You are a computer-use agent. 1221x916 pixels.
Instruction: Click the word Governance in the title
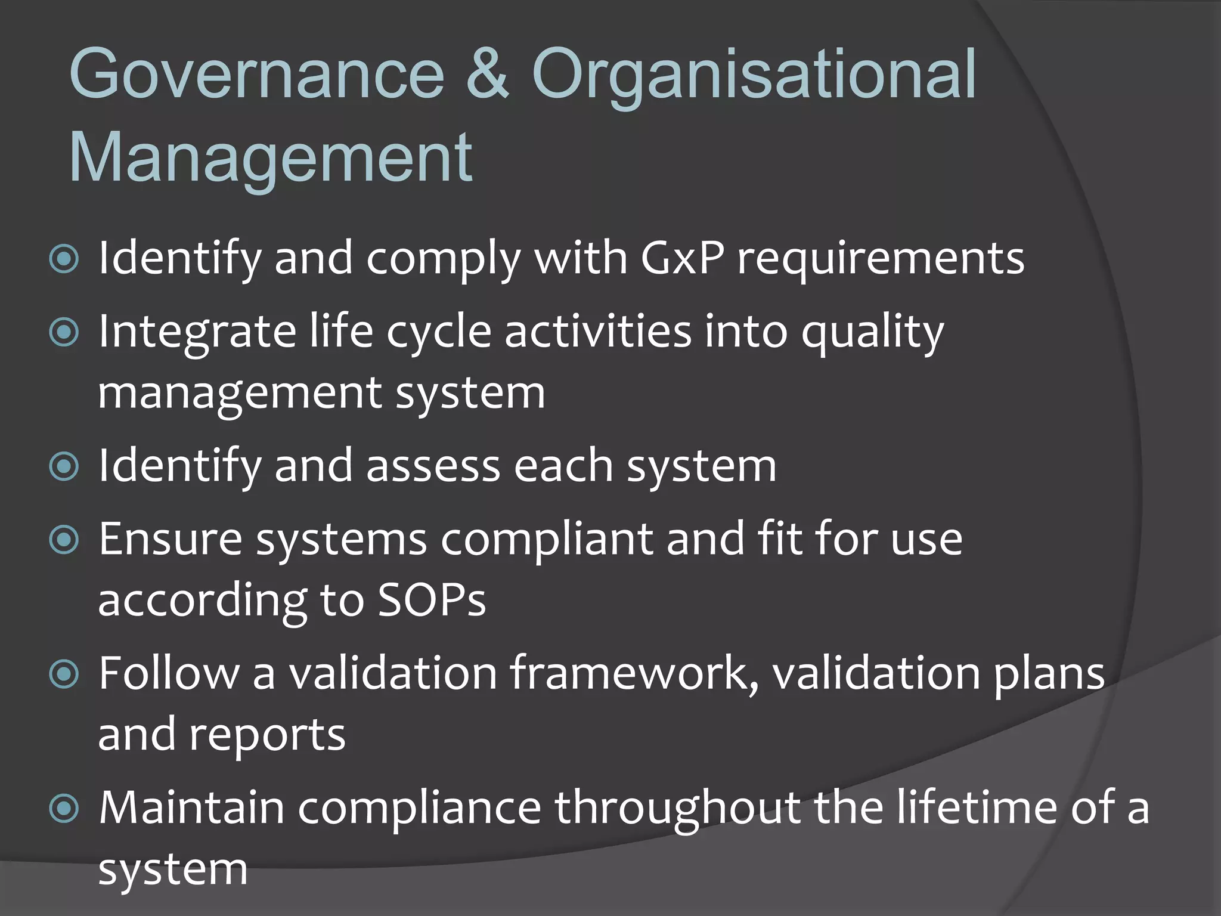[x=257, y=75]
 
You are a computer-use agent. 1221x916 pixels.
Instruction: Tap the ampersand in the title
[x=487, y=75]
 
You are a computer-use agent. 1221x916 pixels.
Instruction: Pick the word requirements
[x=881, y=259]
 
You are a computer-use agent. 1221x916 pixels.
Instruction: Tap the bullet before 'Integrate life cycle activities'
[x=64, y=332]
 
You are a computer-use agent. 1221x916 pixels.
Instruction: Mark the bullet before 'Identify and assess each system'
[x=64, y=466]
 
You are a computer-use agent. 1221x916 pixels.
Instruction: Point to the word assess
[x=433, y=466]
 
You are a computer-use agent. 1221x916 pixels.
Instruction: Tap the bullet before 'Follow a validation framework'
[x=64, y=674]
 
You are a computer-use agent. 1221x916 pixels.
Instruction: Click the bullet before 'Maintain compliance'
[x=64, y=809]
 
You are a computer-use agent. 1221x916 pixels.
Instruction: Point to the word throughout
[x=678, y=809]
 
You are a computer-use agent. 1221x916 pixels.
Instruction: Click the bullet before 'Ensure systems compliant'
[x=64, y=540]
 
